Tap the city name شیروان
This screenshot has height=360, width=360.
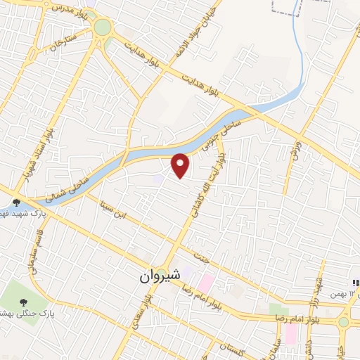(162, 276)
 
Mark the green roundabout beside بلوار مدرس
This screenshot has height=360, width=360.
(103, 27)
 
